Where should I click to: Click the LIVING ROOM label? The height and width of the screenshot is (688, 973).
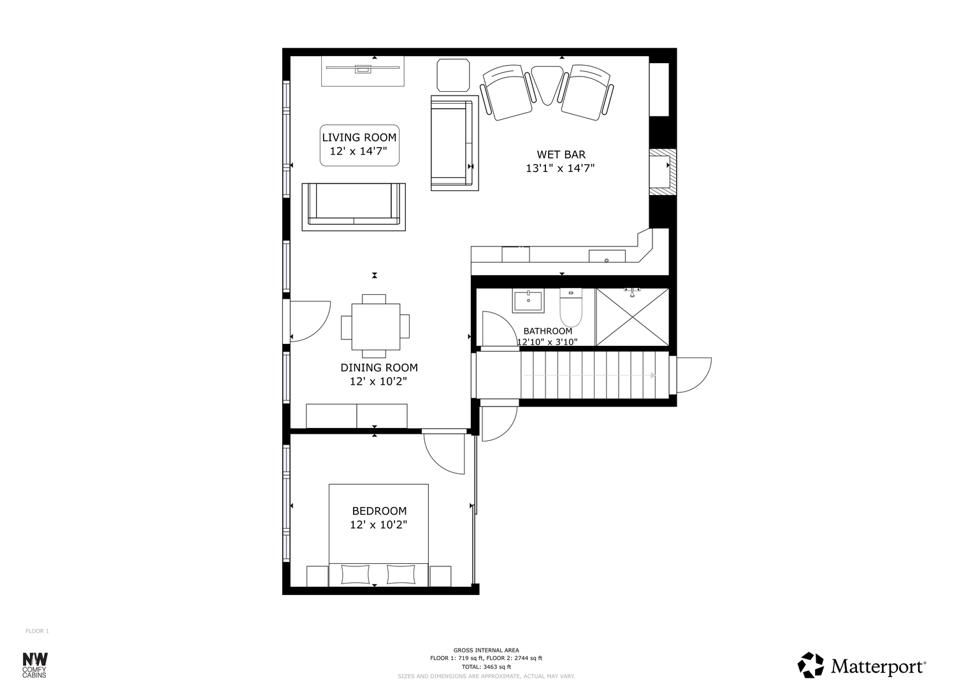point(359,138)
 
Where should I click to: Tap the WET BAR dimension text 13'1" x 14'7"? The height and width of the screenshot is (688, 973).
point(560,168)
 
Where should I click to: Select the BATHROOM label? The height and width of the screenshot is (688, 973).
point(548,331)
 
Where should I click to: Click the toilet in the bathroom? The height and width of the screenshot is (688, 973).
point(571,308)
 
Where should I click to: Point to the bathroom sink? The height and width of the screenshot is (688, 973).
point(528,301)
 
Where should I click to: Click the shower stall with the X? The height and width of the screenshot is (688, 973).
point(633,317)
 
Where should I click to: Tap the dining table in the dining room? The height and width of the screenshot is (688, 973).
point(375,327)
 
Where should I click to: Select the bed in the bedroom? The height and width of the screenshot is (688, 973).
point(378,535)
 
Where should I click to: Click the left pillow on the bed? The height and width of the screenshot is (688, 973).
point(356,574)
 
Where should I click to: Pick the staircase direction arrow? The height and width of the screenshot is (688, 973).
point(589,375)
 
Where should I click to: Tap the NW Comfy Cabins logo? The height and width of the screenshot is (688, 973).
point(35,664)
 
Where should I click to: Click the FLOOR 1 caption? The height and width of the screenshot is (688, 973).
point(38,631)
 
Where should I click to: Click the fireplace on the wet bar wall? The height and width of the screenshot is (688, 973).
point(663,168)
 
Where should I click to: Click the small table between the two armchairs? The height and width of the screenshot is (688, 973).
point(548,85)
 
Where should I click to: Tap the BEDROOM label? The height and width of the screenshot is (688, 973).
point(379,511)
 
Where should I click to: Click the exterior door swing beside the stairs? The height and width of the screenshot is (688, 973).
point(694,375)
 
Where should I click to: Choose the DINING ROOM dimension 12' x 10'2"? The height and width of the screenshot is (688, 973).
point(378,382)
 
